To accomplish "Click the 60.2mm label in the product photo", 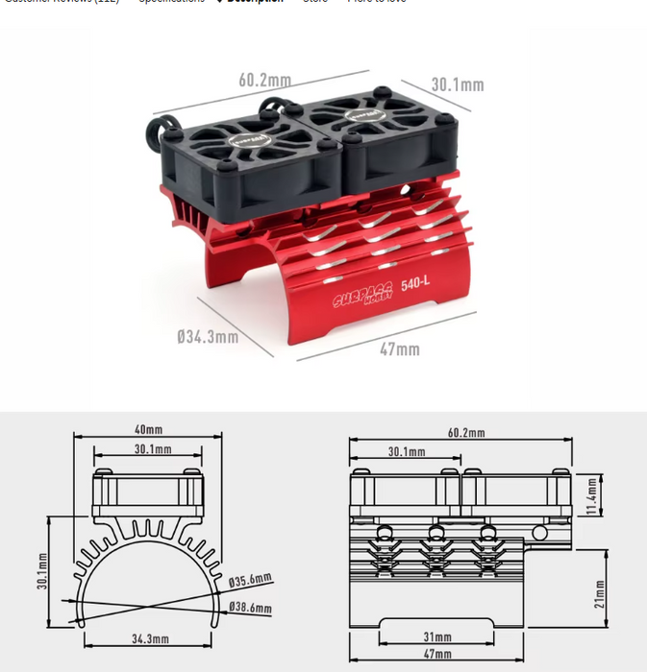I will (x=264, y=81).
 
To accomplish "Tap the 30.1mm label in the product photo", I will (x=457, y=84).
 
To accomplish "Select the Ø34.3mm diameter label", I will (x=208, y=337).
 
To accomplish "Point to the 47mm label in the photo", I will (x=399, y=349).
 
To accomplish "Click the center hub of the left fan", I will (x=246, y=133).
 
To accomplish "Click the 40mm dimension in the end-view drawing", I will (x=148, y=429).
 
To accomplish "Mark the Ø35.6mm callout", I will (x=250, y=580).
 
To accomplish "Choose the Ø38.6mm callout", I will (x=250, y=608).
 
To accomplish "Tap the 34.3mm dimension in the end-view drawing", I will (x=150, y=638).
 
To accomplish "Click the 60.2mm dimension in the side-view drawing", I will (x=466, y=433).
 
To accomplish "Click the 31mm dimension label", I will (x=437, y=636).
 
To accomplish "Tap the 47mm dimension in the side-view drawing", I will (x=437, y=655).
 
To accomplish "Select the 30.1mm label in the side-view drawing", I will (x=408, y=451).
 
